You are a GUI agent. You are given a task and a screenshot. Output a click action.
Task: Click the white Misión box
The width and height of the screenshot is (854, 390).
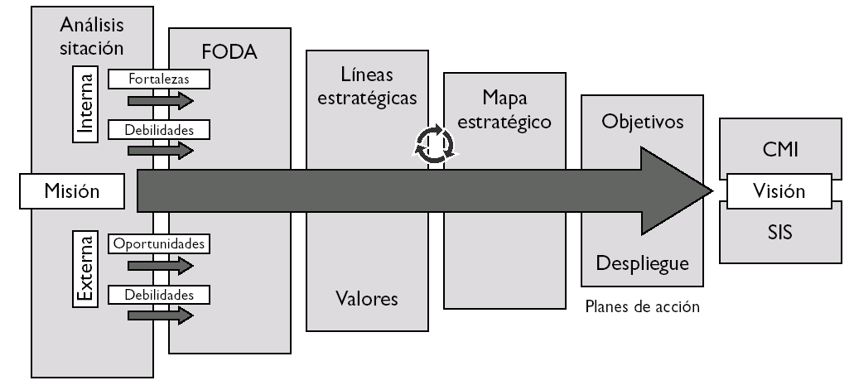[71, 191]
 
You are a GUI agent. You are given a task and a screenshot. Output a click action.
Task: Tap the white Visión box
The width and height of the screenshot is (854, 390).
[778, 191]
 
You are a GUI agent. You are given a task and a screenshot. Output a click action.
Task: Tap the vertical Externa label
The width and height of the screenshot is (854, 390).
[86, 270]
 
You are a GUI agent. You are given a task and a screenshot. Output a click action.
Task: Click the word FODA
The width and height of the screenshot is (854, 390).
[229, 52]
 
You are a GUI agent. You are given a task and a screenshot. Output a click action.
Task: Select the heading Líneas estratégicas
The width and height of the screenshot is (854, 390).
[367, 84]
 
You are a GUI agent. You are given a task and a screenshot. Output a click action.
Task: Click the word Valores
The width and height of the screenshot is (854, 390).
[366, 298]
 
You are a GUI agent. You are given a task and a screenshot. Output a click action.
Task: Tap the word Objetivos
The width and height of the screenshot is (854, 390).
[643, 122]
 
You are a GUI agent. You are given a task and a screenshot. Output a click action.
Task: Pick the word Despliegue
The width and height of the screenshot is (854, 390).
[643, 264]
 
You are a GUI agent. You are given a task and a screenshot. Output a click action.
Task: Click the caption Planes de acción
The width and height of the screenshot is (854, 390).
[642, 306]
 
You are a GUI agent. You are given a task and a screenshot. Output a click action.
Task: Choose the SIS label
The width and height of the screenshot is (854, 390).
[778, 233]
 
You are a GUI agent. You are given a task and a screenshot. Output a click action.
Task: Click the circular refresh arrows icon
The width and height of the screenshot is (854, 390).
[434, 145]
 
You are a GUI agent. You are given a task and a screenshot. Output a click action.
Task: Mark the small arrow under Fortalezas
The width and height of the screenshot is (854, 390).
[160, 99]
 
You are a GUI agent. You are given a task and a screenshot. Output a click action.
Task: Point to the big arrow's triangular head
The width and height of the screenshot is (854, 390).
[675, 191]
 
